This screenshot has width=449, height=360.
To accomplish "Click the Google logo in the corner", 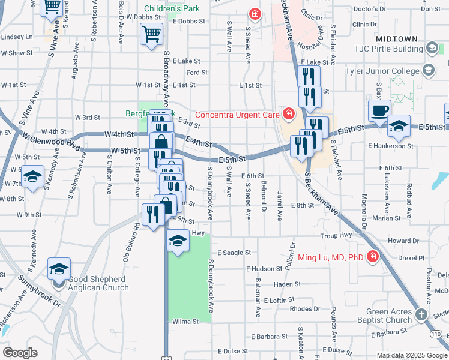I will click(x=20, y=352).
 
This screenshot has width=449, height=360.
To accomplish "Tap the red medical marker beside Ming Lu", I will click(x=373, y=257).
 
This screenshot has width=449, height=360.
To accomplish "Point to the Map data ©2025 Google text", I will click(x=411, y=355).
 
